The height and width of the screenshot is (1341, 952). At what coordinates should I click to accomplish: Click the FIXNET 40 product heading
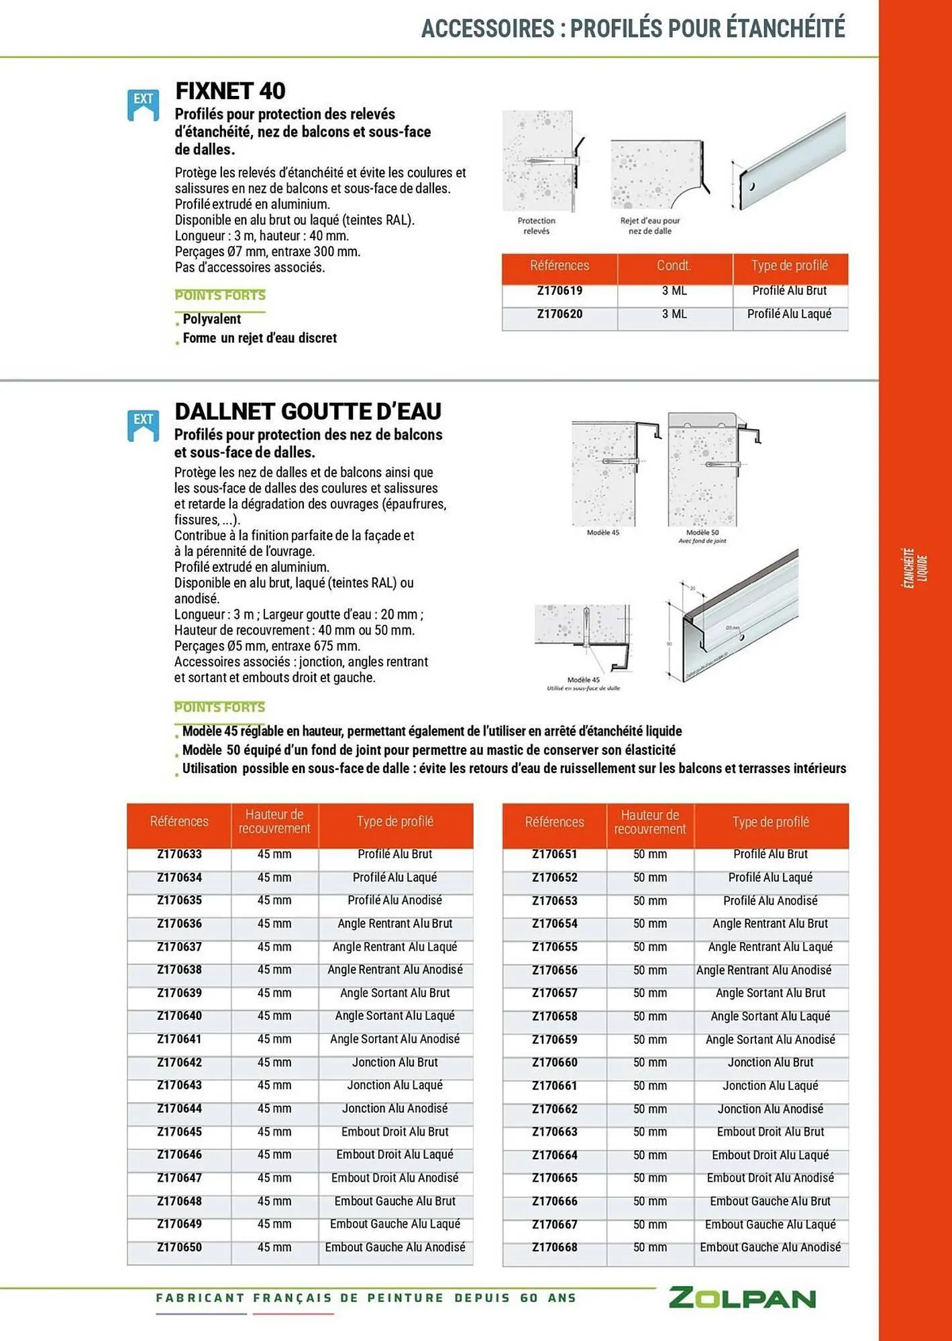230,91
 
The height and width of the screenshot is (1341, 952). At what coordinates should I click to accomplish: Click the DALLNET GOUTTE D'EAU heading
307,411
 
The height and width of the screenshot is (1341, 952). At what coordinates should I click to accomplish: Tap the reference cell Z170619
559,291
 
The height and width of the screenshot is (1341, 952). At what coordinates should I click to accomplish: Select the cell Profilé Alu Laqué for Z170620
789,314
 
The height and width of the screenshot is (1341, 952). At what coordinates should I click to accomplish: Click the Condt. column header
674,266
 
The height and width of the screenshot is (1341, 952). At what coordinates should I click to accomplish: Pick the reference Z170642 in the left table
179,1062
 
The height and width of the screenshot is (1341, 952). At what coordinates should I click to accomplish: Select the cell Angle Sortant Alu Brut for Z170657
770,993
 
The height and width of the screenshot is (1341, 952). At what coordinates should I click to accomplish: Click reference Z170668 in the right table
554,1247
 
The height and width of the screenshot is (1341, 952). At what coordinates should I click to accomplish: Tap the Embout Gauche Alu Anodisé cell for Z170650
394,1247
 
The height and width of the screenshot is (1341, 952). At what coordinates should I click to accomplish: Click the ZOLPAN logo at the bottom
742,1298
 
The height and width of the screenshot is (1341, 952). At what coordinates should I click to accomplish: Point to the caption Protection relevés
536,225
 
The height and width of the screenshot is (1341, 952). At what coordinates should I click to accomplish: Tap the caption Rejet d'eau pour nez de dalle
649,225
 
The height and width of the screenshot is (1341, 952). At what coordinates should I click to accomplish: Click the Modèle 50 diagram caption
702,536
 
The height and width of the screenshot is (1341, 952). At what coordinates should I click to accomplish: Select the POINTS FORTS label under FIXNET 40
220,295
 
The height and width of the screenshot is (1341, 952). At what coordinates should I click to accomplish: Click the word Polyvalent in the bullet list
211,319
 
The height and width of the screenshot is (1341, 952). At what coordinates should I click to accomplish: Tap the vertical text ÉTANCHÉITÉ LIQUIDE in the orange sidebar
914,569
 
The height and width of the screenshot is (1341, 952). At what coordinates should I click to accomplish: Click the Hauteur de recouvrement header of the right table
649,822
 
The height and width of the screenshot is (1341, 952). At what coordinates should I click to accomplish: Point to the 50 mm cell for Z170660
649,1063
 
